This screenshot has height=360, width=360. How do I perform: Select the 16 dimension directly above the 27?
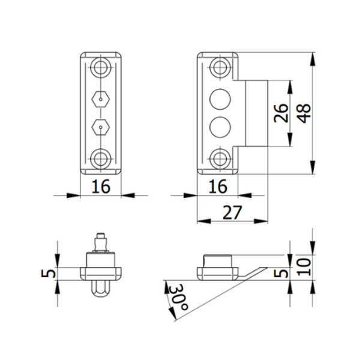[x=217, y=187]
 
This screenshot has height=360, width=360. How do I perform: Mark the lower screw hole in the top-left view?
[x=101, y=159]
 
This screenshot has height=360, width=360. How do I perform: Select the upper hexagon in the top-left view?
[x=101, y=97]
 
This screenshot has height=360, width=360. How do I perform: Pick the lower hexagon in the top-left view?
[x=101, y=127]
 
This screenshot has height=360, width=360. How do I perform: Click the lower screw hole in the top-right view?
[x=220, y=159]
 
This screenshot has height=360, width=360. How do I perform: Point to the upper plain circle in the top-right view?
[x=220, y=97]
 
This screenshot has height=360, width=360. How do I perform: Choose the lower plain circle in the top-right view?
[x=220, y=127]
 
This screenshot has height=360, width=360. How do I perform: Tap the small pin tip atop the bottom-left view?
[x=101, y=236]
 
